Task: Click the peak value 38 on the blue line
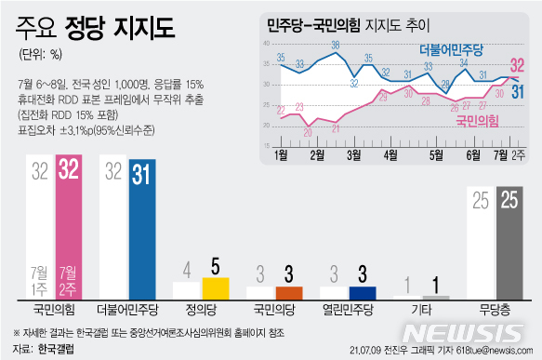pos(335,45)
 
